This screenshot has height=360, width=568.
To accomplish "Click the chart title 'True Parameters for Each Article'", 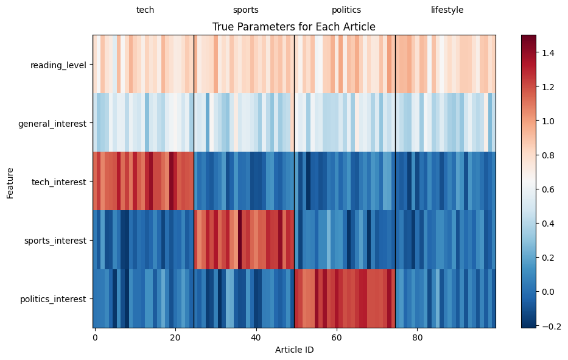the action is coord(294,27).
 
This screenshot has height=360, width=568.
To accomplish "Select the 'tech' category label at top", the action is coord(145,10).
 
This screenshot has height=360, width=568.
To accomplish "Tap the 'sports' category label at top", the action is coord(245,10).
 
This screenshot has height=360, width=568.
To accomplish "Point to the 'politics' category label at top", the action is coord(346,10).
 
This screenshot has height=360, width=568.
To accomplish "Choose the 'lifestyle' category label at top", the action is coord(447,10).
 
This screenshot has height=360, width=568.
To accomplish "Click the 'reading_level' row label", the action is coord(58,65).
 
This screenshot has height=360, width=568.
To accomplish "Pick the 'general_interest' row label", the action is coord(52,124).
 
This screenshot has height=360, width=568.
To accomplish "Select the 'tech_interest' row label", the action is coord(58,182).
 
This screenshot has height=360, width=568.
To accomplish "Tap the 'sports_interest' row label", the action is coord(55,241).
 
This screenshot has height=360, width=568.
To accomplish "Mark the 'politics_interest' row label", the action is coord(53,299).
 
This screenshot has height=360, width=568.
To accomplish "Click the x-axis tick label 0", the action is coord(95,337).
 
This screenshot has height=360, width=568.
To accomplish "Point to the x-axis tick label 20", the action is coord(175,337).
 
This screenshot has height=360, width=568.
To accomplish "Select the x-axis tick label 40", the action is coord(256,337).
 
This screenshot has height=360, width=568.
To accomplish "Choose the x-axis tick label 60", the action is coord(337,337).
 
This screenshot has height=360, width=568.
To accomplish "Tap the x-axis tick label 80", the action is coord(417,337).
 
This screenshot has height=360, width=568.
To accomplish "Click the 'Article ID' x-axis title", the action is coord(294,350).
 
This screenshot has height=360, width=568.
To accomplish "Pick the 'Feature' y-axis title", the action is coord(10,183).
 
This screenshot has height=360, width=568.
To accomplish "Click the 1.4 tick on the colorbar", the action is coord(548,53).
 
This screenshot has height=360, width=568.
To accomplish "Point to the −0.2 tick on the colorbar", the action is coord(545,326).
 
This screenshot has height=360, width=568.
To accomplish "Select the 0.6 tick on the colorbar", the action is coord(548,189).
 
